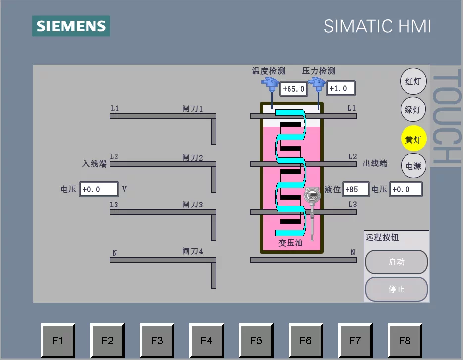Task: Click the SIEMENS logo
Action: [x=71, y=26]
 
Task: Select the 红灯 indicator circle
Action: [x=413, y=81]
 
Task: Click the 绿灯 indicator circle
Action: [x=413, y=109]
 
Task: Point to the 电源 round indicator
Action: [x=413, y=166]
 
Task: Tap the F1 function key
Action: [x=58, y=340]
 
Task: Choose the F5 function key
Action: [x=256, y=340]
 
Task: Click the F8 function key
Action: [x=405, y=340]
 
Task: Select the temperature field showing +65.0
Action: [x=293, y=89]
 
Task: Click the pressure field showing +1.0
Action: [x=341, y=88]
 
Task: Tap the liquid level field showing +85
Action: [x=355, y=189]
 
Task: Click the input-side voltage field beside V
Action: [x=99, y=189]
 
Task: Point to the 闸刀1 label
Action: [x=193, y=108]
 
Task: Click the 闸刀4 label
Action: [x=193, y=251]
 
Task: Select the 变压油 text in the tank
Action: [x=290, y=243]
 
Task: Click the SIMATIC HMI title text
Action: [x=377, y=26]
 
